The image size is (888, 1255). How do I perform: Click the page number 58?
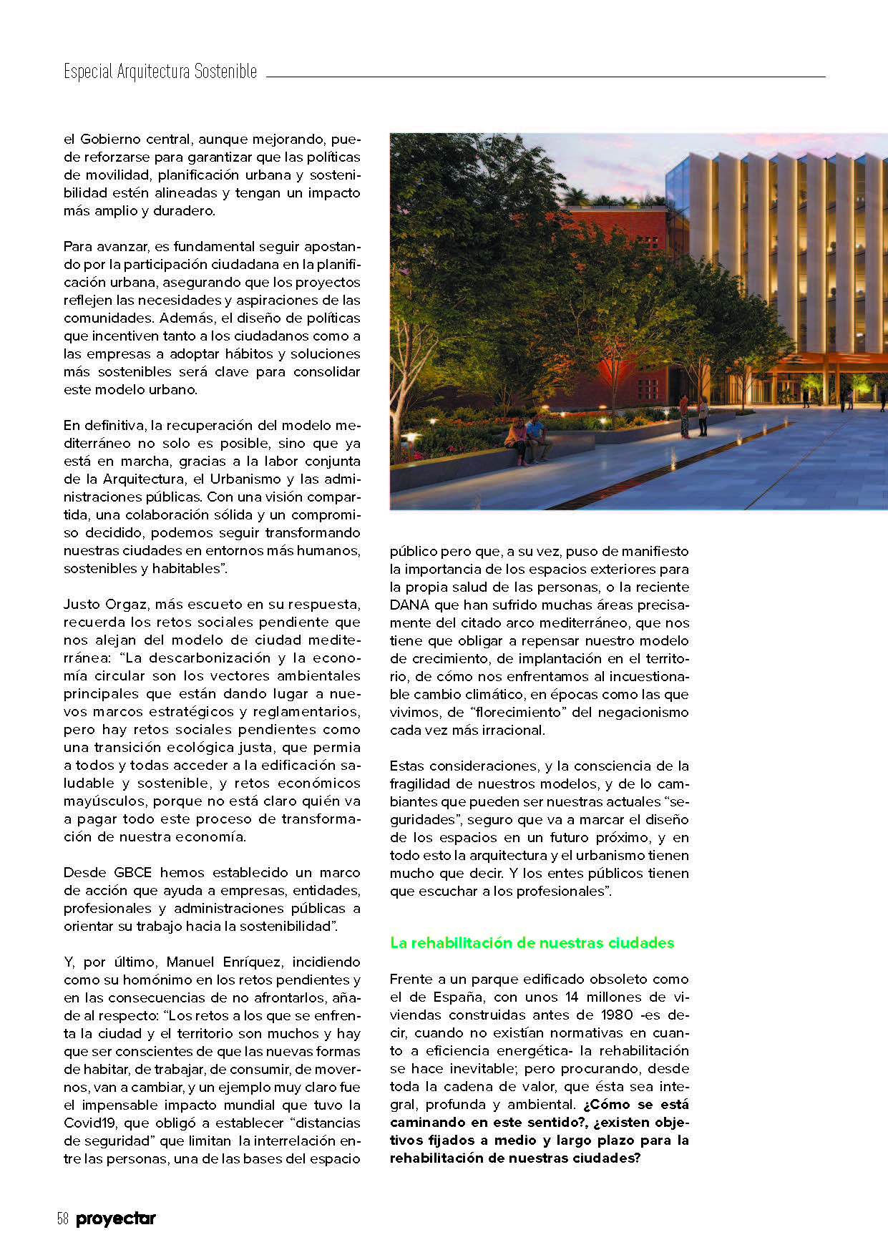coord(62,1219)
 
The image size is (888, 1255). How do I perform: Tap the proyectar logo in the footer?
coord(116,1219)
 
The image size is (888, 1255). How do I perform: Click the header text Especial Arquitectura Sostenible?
coord(160,72)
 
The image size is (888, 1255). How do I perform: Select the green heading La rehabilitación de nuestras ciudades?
coord(532,942)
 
